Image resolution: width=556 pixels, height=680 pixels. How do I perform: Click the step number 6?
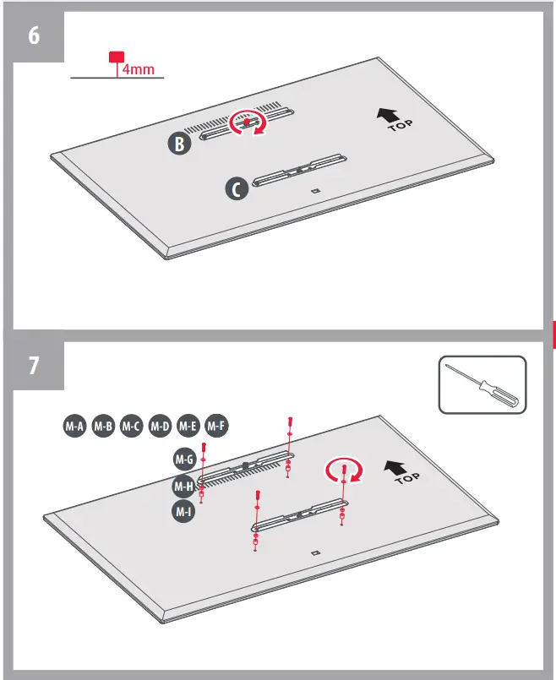tap(33, 37)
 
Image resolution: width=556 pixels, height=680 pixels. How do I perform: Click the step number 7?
tap(33, 367)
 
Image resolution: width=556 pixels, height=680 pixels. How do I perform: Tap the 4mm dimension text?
tap(138, 69)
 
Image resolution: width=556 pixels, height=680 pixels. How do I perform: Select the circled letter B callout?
tap(178, 144)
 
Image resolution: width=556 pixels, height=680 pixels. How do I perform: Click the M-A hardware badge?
tap(75, 427)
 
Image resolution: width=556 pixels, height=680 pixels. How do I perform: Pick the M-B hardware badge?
tap(104, 427)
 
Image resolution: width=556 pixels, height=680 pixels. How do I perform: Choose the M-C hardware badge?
tap(132, 427)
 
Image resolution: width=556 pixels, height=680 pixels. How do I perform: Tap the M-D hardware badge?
tap(160, 427)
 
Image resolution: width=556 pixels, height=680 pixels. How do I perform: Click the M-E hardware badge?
tap(188, 427)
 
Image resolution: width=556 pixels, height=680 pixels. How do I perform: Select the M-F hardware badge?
tap(216, 427)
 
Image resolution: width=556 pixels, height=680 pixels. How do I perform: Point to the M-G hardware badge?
tap(184, 460)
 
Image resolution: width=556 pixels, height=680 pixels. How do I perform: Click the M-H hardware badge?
tap(184, 486)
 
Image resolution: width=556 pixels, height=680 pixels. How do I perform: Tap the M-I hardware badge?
tap(184, 511)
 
